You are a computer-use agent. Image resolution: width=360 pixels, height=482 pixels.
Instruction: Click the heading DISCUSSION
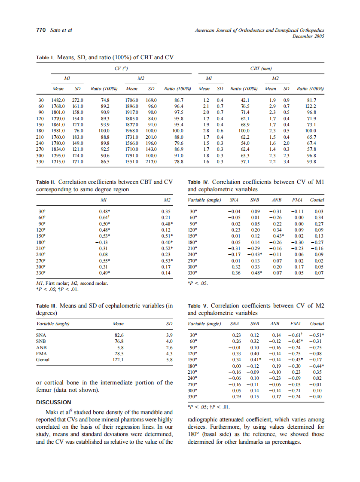[53, 402]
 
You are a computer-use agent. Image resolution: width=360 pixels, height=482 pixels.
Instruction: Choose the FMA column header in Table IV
[297, 200]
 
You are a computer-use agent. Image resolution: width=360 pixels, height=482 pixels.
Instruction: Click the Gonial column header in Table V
[317, 323]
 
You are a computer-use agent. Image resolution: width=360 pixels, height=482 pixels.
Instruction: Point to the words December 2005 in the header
[308, 37]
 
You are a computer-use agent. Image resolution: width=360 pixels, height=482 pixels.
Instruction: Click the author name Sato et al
[61, 30]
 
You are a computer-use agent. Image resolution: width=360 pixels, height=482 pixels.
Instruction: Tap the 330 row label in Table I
[41, 162]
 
